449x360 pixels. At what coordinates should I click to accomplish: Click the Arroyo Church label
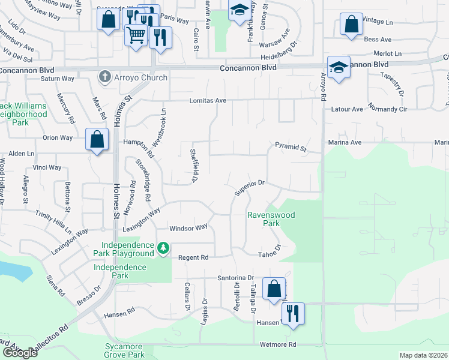click(142, 77)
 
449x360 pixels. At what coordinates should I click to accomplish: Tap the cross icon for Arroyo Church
click(105, 77)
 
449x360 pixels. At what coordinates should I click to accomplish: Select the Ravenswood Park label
click(264, 219)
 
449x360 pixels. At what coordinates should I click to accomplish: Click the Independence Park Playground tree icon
click(163, 248)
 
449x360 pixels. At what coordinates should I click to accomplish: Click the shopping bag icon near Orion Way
click(97, 140)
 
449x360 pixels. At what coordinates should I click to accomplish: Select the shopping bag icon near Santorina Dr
click(274, 290)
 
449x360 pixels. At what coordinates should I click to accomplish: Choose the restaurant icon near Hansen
click(293, 314)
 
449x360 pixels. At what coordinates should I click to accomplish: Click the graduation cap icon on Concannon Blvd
click(339, 68)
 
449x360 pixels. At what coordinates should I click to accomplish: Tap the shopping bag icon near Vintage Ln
click(351, 26)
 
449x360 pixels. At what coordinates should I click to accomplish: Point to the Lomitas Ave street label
click(208, 101)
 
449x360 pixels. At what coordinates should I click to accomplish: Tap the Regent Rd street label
click(193, 257)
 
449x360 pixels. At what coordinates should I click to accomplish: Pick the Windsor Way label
click(188, 227)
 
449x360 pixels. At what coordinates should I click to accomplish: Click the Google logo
click(20, 353)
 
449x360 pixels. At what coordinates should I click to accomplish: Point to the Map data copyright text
click(424, 355)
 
